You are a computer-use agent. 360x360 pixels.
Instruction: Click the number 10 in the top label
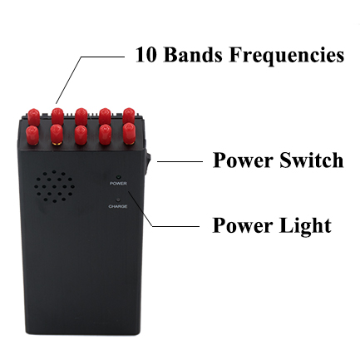(x=145, y=55)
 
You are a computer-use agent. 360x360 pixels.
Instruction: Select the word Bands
(x=193, y=54)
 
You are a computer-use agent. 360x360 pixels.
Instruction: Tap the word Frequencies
(x=287, y=56)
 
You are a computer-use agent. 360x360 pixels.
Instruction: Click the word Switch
(x=311, y=160)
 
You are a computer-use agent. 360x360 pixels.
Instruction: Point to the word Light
(x=305, y=226)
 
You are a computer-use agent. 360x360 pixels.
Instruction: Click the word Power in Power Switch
(x=243, y=160)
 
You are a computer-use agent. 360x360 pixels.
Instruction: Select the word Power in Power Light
(x=243, y=226)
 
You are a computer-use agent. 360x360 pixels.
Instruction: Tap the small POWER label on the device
(x=118, y=184)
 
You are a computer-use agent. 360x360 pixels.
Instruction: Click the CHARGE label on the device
(x=118, y=206)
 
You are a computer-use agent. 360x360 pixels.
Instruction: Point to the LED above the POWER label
(x=119, y=176)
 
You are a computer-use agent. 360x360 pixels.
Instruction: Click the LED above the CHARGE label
(x=119, y=200)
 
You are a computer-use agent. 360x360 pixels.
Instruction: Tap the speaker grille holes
(x=55, y=186)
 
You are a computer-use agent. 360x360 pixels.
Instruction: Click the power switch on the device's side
(x=146, y=165)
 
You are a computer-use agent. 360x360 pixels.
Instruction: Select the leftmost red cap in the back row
(x=33, y=116)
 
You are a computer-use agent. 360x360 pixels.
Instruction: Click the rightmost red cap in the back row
(x=129, y=116)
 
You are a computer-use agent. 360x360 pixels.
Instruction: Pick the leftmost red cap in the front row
(x=32, y=135)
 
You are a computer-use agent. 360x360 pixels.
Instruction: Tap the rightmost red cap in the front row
(x=129, y=134)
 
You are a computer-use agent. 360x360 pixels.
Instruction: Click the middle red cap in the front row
(x=81, y=135)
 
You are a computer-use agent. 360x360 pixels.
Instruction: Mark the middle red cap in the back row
(x=81, y=116)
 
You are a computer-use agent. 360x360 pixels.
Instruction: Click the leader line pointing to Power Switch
(x=180, y=161)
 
